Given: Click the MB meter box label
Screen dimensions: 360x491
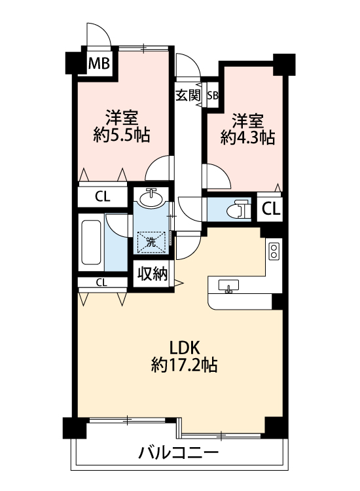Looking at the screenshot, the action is (x=99, y=64).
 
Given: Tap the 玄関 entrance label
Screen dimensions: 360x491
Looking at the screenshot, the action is (x=188, y=96).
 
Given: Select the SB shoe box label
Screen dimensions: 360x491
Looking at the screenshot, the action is (x=213, y=95).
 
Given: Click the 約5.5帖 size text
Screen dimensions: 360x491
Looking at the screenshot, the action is (x=122, y=135).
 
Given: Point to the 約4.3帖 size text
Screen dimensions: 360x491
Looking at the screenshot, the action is (x=247, y=137).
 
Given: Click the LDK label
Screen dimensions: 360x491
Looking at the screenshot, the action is (x=185, y=348).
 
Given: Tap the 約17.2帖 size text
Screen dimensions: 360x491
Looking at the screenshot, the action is (x=185, y=365).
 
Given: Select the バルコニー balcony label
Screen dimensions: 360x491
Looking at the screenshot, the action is (x=178, y=452).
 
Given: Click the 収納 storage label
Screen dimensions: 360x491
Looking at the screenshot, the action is (x=153, y=274).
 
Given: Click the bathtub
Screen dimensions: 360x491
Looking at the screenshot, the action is (x=91, y=242).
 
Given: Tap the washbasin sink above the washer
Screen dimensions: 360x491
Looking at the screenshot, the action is (x=151, y=198).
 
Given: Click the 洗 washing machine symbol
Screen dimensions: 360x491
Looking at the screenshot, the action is (x=151, y=242).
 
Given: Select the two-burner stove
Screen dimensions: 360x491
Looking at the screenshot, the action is (x=274, y=251).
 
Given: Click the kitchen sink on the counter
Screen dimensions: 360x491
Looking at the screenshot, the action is (x=228, y=286).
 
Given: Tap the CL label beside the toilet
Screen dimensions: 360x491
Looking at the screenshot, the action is (x=271, y=209).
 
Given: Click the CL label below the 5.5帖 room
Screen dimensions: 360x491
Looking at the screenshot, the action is (x=103, y=196).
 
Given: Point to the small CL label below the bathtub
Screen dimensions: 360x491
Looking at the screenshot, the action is (x=101, y=283).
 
